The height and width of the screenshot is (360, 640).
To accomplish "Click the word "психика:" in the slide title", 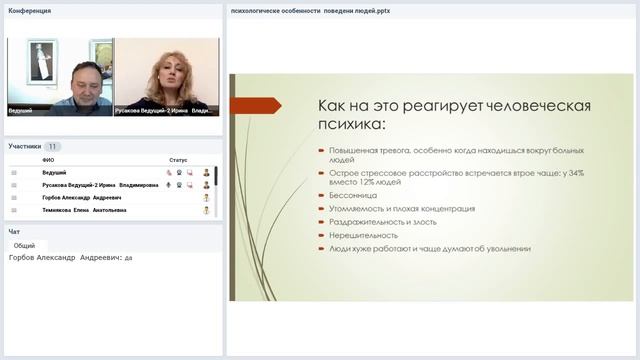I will (x=350, y=127).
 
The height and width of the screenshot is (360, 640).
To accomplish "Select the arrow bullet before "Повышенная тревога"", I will (x=321, y=150).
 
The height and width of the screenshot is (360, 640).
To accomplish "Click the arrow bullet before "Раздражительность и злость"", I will (x=321, y=222).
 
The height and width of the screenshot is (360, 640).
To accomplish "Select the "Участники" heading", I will (x=25, y=146).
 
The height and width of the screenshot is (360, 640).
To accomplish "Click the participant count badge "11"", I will (x=53, y=146).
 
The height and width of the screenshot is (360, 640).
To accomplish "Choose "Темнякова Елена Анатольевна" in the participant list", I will (x=84, y=211).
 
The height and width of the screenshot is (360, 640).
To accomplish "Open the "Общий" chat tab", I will (x=24, y=245).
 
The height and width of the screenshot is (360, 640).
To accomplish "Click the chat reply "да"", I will (x=128, y=257).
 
